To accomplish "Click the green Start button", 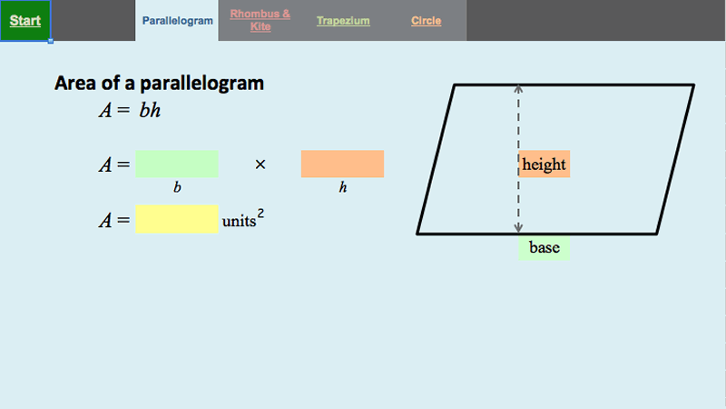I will [x=25, y=20].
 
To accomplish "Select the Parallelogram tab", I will [x=178, y=20].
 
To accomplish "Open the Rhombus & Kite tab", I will [x=260, y=20].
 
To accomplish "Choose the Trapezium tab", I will [x=343, y=20].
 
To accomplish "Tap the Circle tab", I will [x=426, y=20].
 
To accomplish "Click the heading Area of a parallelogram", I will [x=159, y=84].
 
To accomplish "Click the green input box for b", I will [x=177, y=165].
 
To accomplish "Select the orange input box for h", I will [x=342, y=165].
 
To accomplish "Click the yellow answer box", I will [x=177, y=219].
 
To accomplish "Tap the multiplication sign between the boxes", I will [x=260, y=165].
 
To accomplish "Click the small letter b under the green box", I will [x=177, y=188].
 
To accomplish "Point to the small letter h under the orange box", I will [x=343, y=188].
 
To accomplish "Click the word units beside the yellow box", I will [x=239, y=221].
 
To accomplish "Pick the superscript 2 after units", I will [x=261, y=214].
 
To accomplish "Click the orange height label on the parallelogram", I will [x=544, y=165].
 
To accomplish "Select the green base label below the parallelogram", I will [x=544, y=247].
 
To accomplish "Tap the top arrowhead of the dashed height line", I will [x=518, y=89].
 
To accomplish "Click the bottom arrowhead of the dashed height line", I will [x=518, y=228].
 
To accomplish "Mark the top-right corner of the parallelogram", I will [x=693, y=85].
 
